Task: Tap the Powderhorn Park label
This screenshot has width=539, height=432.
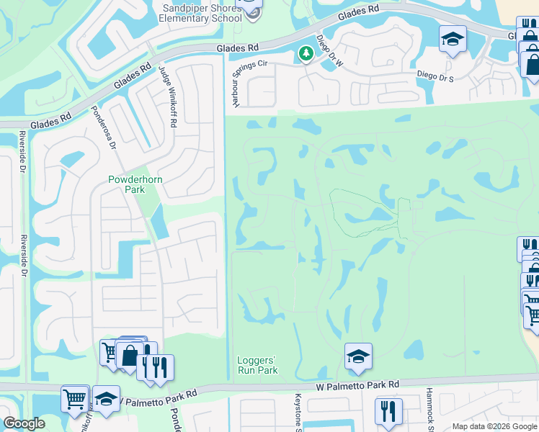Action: pos(126,184)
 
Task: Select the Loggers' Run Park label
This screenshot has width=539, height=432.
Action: pos(257,365)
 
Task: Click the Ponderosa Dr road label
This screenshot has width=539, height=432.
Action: pos(103,127)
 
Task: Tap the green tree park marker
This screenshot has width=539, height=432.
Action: pos(306,53)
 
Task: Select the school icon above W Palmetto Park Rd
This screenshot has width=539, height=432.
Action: pos(358,356)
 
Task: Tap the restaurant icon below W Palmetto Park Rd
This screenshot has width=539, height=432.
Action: pos(388,411)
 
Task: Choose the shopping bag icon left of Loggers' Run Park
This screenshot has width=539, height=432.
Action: pos(130,355)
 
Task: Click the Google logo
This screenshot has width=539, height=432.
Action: pos(24,424)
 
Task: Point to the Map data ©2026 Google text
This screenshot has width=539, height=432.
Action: pos(494,426)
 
